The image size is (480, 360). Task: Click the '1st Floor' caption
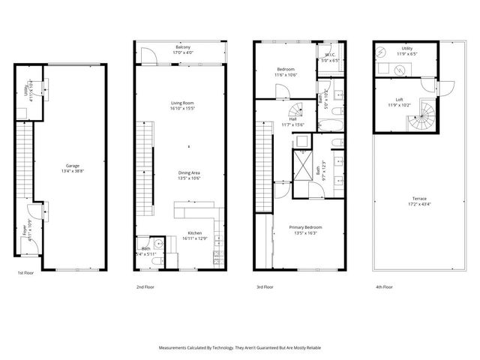pos(25,273)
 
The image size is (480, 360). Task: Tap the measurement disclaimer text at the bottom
pos(240,347)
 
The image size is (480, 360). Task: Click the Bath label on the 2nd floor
pos(145,250)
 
